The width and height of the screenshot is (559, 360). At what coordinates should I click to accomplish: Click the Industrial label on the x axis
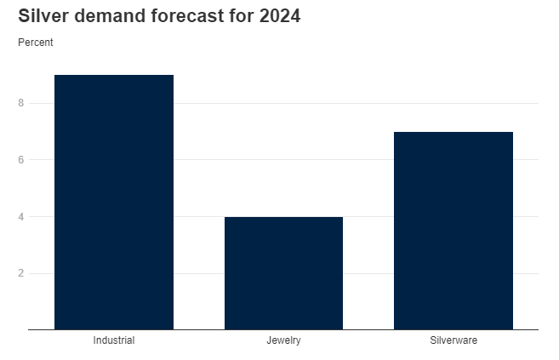tap(114, 340)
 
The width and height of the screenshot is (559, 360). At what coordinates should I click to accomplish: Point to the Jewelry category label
tap(283, 340)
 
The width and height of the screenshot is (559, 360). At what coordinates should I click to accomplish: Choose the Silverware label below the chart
tap(453, 340)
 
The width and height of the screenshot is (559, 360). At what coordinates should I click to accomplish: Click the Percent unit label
tap(35, 43)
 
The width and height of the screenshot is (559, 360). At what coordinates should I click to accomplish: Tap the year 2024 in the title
tap(277, 16)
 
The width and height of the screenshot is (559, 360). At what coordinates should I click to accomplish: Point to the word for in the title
tap(238, 16)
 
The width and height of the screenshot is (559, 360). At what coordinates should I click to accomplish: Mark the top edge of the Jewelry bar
tap(283, 217)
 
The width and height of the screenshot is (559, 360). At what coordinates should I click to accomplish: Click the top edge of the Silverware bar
tap(453, 132)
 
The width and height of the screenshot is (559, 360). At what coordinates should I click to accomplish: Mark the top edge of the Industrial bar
tap(114, 76)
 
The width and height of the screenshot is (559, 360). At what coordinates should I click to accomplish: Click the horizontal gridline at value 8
tap(357, 103)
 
